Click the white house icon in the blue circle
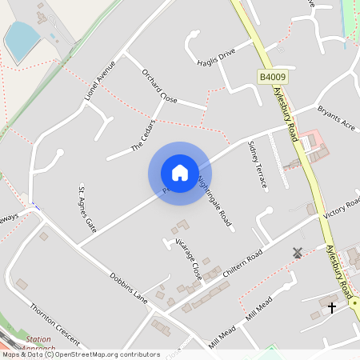[180, 173]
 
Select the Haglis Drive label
[216, 55]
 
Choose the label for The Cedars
[142, 137]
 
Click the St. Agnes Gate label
[86, 205]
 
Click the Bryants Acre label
[336, 117]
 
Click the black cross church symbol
[332, 306]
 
